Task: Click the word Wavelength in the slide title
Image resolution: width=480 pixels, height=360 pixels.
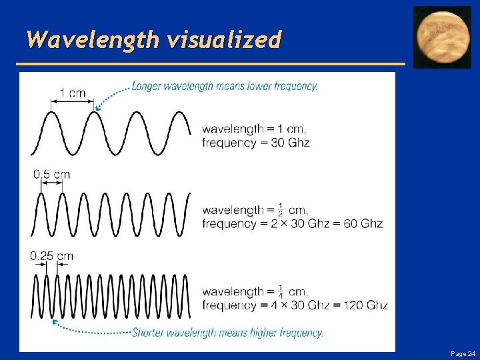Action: click(93, 40)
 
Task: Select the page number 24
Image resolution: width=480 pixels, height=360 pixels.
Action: click(471, 353)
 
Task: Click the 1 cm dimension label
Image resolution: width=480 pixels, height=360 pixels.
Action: click(73, 93)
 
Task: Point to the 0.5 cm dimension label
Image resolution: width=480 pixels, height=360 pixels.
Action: click(51, 175)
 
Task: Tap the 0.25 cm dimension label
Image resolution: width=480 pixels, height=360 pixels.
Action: click(52, 256)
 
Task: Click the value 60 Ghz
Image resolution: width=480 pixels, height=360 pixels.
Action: click(363, 223)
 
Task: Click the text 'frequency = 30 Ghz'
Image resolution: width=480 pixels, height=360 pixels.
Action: click(256, 142)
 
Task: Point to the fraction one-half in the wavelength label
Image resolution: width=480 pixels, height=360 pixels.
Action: click(281, 209)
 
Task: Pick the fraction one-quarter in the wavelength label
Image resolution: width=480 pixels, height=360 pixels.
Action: click(281, 291)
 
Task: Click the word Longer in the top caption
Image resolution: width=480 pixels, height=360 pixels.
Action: click(147, 86)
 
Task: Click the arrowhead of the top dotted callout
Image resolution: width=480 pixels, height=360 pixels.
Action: click(98, 107)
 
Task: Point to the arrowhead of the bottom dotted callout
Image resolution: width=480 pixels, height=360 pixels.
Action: click(55, 322)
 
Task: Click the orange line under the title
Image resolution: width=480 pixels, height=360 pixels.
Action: click(210, 64)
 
